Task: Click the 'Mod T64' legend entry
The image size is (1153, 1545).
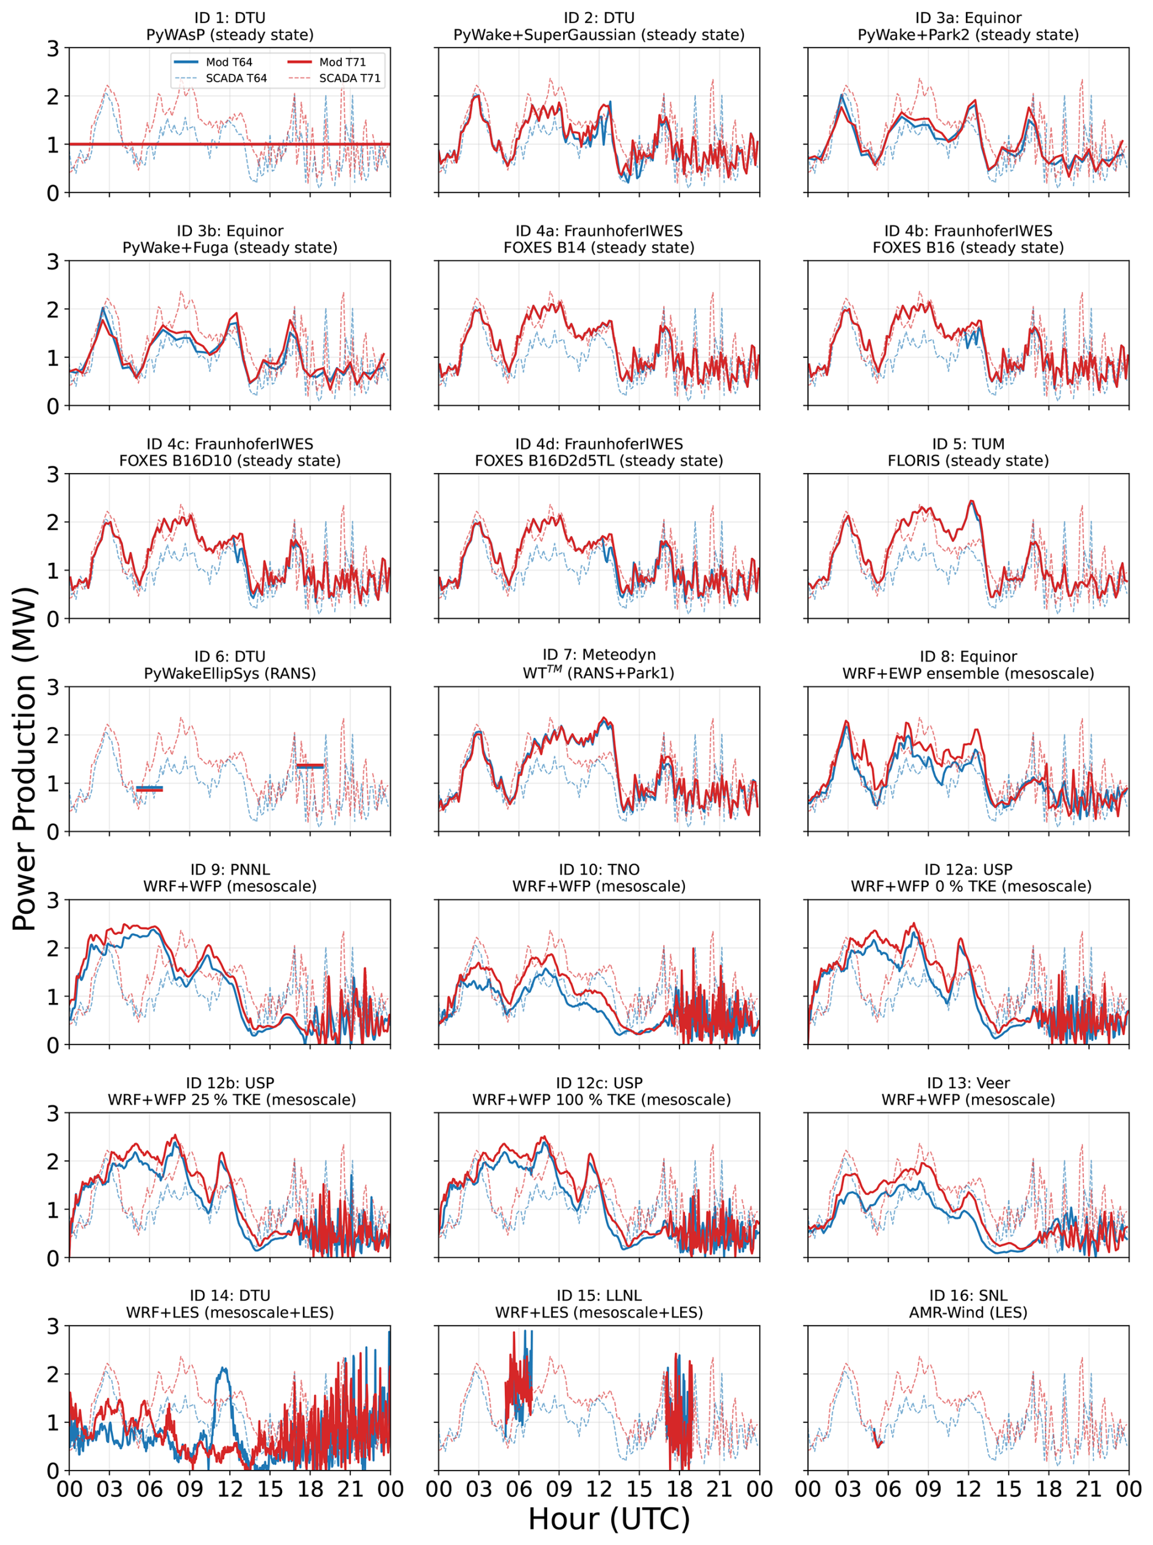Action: click(x=213, y=62)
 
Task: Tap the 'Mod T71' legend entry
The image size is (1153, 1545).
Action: click(x=327, y=62)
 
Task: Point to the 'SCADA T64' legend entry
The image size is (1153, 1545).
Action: click(x=221, y=78)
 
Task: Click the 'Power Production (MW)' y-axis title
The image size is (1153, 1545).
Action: click(x=24, y=758)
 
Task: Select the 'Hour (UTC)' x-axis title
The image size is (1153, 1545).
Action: click(x=609, y=1518)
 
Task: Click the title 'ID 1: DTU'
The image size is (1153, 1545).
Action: click(x=230, y=18)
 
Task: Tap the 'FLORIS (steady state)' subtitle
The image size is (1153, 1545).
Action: click(x=968, y=461)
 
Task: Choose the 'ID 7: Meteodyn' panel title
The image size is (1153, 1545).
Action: click(x=599, y=654)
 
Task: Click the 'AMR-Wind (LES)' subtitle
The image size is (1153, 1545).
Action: click(x=968, y=1313)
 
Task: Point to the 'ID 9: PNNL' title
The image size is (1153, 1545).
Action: click(x=230, y=869)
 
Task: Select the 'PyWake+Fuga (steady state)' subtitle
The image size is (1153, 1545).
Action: click(x=230, y=248)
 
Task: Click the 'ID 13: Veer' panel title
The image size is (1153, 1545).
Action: click(x=968, y=1083)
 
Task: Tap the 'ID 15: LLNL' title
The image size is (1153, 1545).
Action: click(x=599, y=1296)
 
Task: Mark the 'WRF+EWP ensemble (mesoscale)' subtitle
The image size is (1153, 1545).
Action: click(x=968, y=674)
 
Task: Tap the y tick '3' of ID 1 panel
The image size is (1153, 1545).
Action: click(x=53, y=48)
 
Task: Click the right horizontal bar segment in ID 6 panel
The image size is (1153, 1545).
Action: click(x=310, y=766)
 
